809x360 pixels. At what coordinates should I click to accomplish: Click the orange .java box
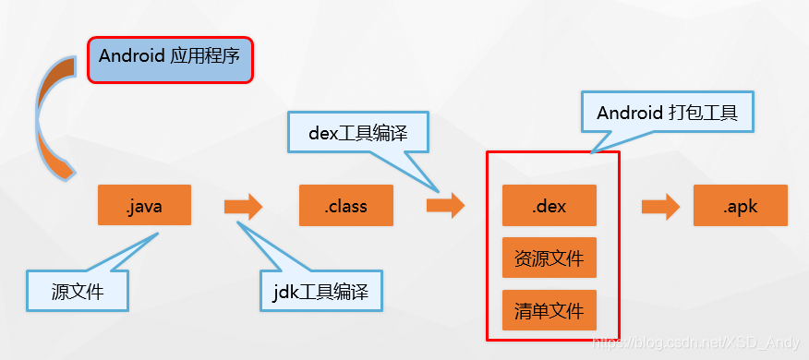click(x=144, y=206)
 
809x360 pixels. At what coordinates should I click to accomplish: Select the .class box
click(x=345, y=206)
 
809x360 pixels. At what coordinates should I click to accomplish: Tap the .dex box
click(x=549, y=206)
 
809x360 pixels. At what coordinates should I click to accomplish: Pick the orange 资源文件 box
click(x=549, y=258)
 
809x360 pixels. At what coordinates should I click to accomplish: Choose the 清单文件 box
click(x=549, y=310)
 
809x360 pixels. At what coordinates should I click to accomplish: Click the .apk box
click(x=740, y=206)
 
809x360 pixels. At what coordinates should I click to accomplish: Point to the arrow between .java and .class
click(x=243, y=206)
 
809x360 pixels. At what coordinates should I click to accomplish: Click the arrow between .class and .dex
click(x=445, y=206)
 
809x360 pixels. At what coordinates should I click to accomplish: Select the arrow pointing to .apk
click(x=660, y=206)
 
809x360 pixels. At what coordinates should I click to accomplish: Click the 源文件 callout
click(x=78, y=293)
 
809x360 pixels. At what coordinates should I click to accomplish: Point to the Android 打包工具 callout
click(x=669, y=114)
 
